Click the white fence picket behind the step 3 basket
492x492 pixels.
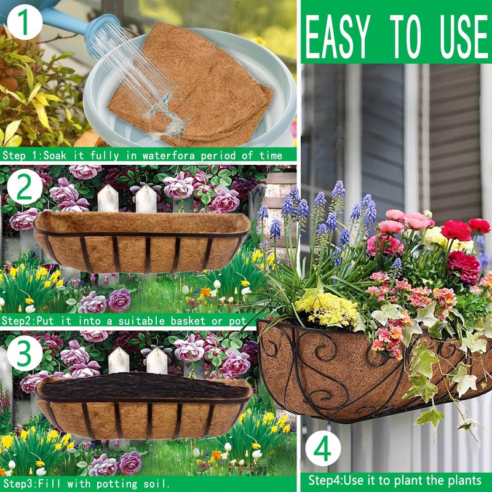point(119,360)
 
